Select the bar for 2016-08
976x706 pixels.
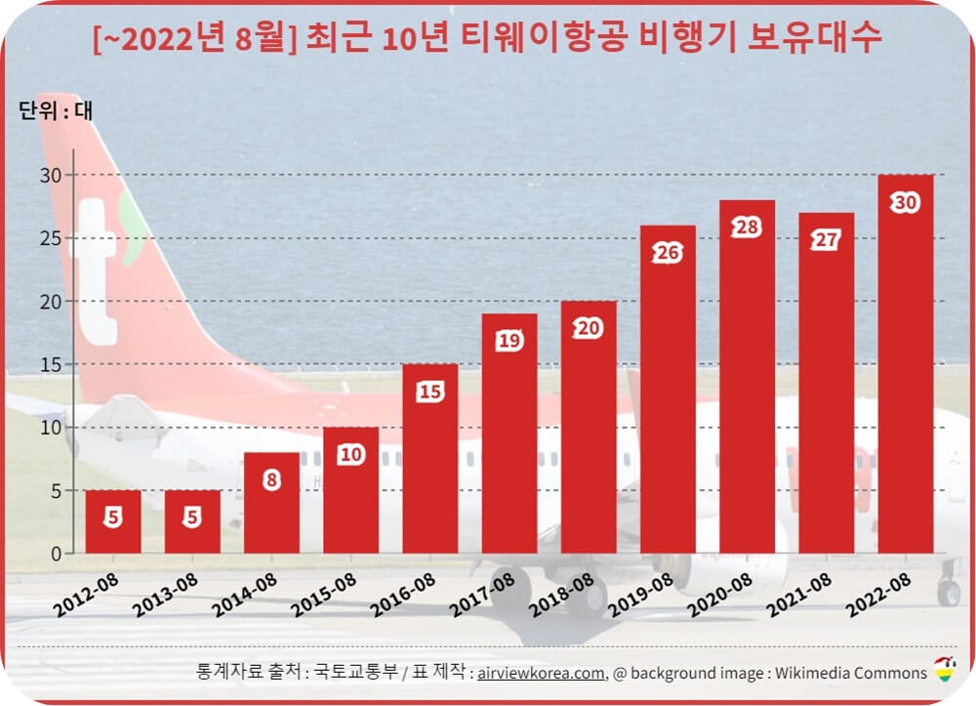coord(429,459)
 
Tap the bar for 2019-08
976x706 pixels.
coord(668,390)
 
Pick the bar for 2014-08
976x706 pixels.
coord(271,503)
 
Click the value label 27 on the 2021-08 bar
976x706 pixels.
coord(826,240)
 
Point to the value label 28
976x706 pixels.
coord(747,228)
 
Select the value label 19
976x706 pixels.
coord(508,341)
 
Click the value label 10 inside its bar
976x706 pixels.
coord(350,455)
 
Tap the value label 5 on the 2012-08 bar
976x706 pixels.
coord(113,518)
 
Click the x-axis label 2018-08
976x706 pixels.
coord(560,596)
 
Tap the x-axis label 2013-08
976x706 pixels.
coord(164,596)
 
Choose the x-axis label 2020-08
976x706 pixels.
coord(718,596)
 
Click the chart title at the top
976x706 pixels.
coord(487,38)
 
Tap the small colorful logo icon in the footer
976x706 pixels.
coord(945,670)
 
